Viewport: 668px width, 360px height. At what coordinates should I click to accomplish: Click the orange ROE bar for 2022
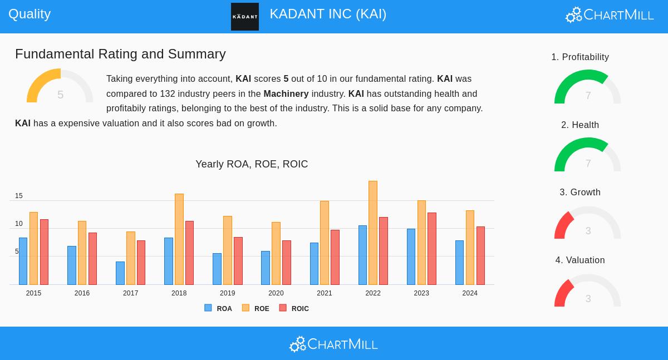(373, 233)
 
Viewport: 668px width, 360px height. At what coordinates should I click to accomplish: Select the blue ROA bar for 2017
(120, 273)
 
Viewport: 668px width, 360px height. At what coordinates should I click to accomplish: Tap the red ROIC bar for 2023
(432, 249)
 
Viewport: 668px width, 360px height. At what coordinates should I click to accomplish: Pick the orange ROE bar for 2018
(179, 239)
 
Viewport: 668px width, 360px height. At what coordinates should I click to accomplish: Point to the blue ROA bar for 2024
(459, 263)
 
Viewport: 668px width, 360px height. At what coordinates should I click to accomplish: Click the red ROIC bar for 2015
(44, 252)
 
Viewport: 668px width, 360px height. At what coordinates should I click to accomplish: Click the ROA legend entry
(218, 308)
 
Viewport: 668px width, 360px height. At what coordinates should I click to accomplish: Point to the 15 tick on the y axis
(19, 196)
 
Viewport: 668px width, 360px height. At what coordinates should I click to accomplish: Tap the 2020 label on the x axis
(276, 293)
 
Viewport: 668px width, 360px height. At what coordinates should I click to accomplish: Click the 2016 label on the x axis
(82, 293)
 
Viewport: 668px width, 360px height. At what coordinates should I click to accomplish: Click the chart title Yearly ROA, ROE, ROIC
(252, 164)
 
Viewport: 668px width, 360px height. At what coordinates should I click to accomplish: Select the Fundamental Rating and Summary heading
(120, 54)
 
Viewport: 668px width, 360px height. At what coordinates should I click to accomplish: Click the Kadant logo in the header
(245, 17)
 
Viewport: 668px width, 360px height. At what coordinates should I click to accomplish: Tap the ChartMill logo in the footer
(333, 344)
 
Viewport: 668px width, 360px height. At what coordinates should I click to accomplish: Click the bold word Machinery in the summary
(286, 93)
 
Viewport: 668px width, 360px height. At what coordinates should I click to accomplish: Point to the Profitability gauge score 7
(588, 96)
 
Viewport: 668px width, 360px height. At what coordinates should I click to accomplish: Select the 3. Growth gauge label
(580, 193)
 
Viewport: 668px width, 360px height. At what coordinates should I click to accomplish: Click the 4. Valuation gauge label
(580, 260)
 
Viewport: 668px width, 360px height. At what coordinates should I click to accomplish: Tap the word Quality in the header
(30, 14)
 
